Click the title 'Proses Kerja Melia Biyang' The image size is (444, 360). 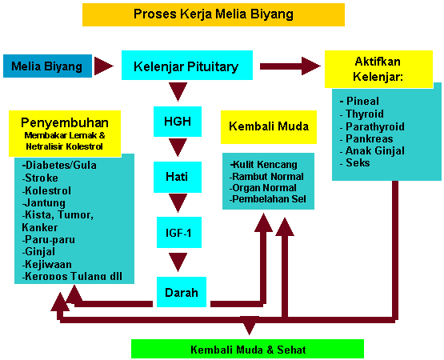coord(214,14)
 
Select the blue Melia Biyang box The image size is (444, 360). coord(47,66)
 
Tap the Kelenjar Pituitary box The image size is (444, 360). coord(187,65)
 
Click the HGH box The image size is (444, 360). coord(178,122)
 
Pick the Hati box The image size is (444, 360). coord(178,177)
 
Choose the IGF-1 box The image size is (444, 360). coord(179,232)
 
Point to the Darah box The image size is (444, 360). coord(182,292)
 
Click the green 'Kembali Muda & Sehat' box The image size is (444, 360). coord(247,349)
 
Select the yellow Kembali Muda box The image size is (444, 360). coord(269,127)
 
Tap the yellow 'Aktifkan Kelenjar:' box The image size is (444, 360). coord(378,69)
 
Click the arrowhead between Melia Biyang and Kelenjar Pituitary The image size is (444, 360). coord(104,66)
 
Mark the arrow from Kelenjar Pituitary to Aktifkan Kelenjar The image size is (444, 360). coord(290,66)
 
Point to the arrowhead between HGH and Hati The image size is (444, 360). coord(178,147)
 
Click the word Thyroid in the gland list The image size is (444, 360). coord(365,114)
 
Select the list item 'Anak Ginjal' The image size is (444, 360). coord(375,151)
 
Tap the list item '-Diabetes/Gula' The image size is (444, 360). coord(59,165)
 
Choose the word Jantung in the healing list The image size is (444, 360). coord(46,203)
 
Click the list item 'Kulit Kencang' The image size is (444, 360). coord(264,164)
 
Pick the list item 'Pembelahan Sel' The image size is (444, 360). coord(267,199)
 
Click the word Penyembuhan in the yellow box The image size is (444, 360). coord(65,123)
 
